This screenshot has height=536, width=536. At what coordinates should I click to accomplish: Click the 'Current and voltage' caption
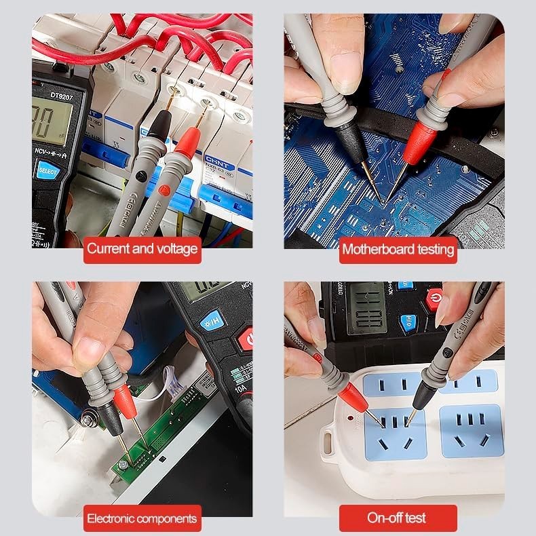click(x=142, y=249)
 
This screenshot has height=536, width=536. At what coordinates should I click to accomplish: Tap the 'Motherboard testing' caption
click(x=398, y=249)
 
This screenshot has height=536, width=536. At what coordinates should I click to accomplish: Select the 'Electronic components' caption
click(x=142, y=519)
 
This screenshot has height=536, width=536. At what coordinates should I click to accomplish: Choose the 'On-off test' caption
click(x=397, y=518)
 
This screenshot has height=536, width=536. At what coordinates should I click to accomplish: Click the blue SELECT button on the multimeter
click(x=47, y=170)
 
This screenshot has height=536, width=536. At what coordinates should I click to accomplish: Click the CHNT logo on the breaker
click(x=216, y=157)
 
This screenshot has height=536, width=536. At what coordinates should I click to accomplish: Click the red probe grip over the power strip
click(x=355, y=396)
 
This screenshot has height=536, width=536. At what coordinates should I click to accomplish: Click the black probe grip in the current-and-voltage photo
click(x=157, y=129)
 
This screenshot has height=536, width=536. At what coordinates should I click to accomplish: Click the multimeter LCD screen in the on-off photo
click(x=366, y=308)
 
